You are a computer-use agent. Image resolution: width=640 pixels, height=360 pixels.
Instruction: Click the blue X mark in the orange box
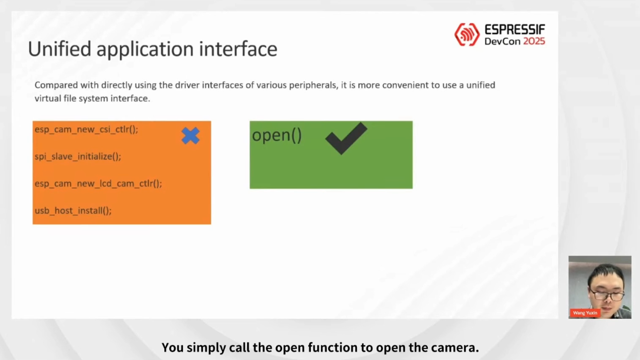click(x=190, y=136)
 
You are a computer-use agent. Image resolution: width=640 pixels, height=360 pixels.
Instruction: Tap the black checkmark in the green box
click(x=346, y=138)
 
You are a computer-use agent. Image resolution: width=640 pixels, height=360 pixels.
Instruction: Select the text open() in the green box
click(x=277, y=135)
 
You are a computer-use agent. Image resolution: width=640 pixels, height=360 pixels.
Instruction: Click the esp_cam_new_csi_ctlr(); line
click(x=86, y=130)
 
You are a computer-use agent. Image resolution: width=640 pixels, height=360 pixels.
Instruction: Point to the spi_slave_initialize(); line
click(x=78, y=156)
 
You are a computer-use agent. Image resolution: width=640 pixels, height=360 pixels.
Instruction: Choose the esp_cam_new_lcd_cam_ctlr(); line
click(x=98, y=184)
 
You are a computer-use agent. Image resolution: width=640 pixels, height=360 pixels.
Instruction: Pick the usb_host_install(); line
click(x=73, y=210)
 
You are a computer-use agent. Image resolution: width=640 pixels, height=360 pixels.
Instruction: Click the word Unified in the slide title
click(x=59, y=48)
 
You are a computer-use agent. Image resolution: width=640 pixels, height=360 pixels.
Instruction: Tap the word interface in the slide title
click(x=238, y=48)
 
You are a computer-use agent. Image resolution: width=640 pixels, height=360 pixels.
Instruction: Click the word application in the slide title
click(x=145, y=50)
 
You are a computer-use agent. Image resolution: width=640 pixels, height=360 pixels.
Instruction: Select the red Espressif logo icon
click(x=467, y=35)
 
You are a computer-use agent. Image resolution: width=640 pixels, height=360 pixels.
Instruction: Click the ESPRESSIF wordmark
click(x=515, y=29)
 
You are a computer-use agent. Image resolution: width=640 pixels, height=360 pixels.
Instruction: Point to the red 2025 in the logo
click(x=534, y=41)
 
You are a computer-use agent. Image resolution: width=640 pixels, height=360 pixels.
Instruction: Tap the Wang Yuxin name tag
click(x=585, y=313)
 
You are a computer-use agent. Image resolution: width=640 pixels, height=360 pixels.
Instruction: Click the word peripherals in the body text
click(x=313, y=86)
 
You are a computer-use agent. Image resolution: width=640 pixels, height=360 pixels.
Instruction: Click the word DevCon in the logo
click(x=502, y=41)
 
